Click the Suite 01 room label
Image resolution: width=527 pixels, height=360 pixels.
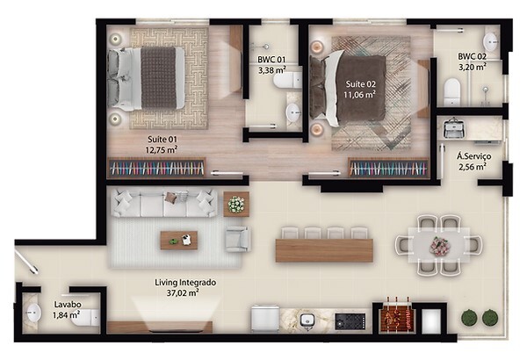click(x=162, y=139)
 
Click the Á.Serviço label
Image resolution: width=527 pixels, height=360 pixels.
click(x=473, y=155)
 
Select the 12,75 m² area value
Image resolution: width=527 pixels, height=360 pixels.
click(x=162, y=149)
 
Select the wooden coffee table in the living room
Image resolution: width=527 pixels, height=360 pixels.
click(x=178, y=239)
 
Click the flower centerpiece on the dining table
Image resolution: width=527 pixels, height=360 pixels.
click(x=440, y=247)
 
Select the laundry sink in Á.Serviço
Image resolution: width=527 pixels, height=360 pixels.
click(x=454, y=129)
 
